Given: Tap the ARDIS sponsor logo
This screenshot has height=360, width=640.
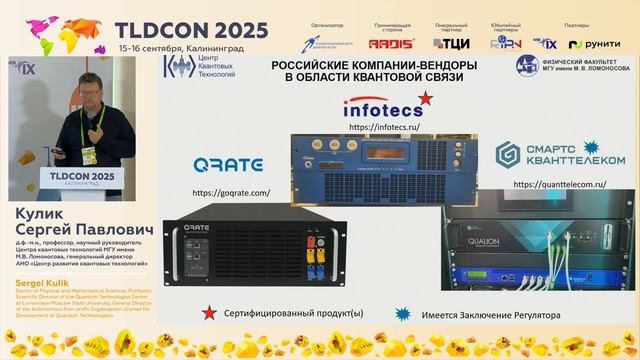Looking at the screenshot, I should tap(384, 43).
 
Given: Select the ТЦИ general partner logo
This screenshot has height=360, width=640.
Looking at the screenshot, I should tap(452, 43).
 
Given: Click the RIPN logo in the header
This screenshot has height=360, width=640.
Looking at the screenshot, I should tap(510, 43).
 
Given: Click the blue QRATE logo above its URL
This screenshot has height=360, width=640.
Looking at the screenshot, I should tap(229, 164).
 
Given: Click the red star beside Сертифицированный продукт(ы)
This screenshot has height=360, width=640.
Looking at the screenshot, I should tap(208, 314).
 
